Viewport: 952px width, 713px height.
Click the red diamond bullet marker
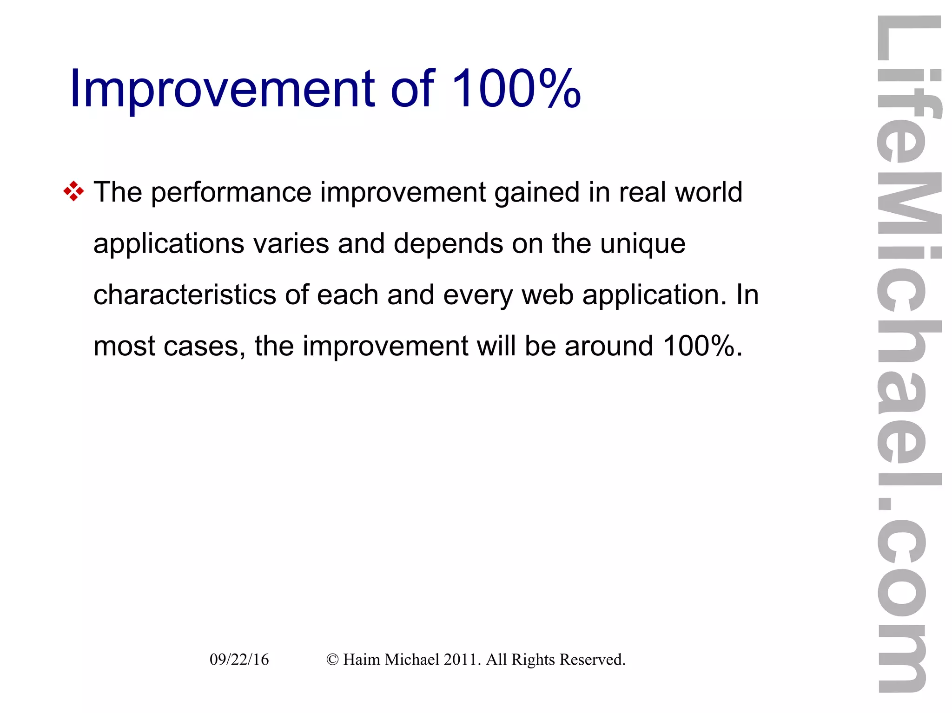73,191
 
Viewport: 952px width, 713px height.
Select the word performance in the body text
231,192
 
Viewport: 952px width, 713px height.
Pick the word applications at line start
169,244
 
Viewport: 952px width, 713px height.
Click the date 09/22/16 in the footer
239,660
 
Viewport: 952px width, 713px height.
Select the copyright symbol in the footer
332,660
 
